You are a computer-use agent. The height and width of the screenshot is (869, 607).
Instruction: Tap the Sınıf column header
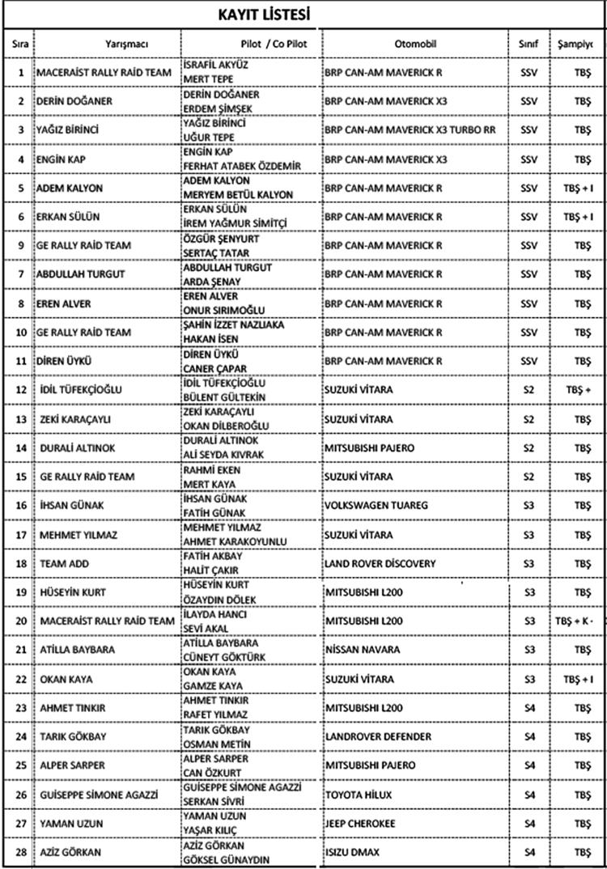click(528, 43)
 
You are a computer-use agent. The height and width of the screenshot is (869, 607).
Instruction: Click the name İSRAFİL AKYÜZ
click(214, 65)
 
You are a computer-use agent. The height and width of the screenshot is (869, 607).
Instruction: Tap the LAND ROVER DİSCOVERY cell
click(380, 564)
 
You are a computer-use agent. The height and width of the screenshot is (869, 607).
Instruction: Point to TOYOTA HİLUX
click(359, 795)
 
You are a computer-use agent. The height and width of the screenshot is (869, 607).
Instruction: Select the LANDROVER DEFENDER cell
click(378, 737)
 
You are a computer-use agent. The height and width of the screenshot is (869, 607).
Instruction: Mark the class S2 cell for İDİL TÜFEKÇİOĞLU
click(528, 390)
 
